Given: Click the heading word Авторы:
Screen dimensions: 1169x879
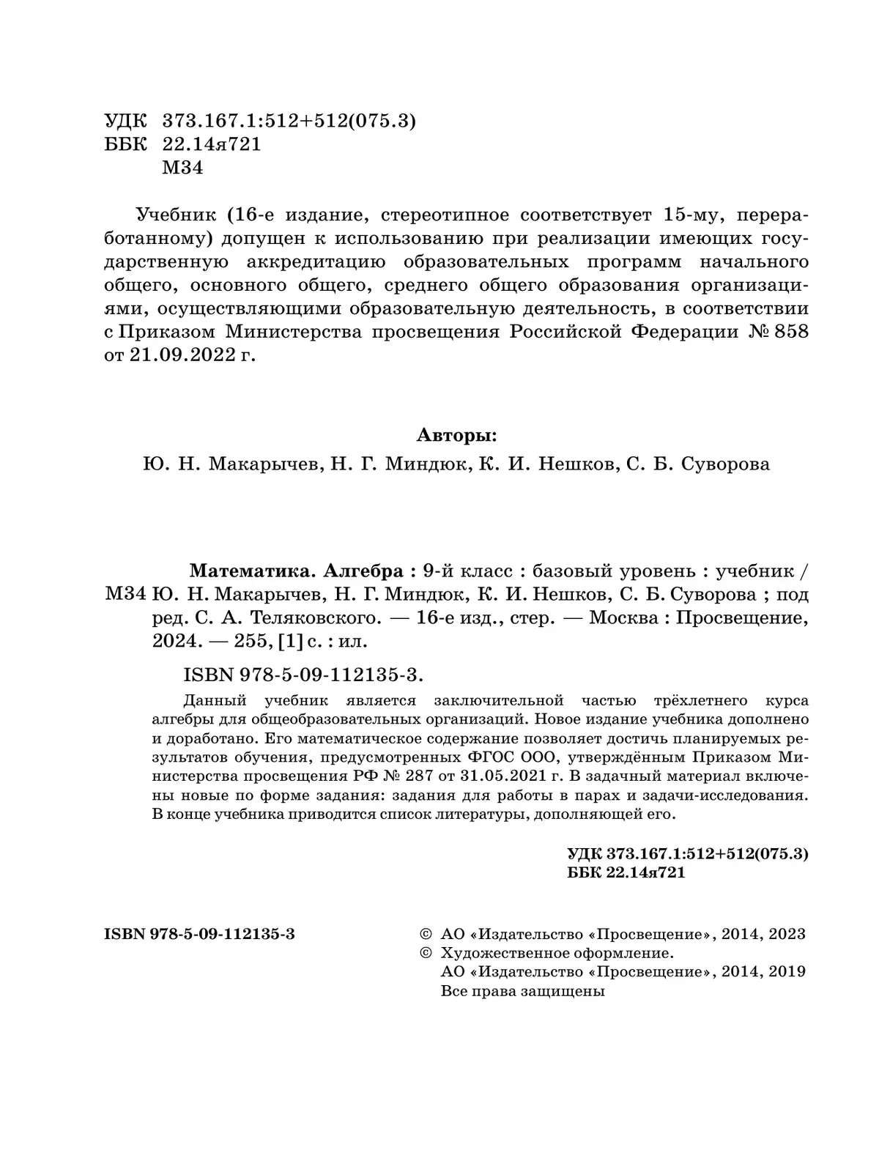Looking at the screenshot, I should pos(456,435).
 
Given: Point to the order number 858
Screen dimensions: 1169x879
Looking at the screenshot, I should pos(790,332).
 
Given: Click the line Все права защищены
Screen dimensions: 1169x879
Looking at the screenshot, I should pos(523,992).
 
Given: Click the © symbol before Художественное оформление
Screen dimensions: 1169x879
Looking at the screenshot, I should pos(424,954).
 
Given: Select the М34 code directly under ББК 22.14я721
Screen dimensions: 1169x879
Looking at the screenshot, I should pos(182,168).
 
